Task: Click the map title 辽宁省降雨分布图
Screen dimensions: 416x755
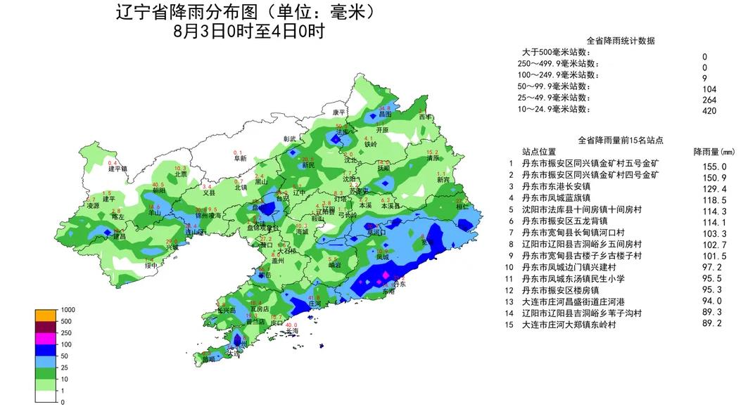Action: (x=204, y=13)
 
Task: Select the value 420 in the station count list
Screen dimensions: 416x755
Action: (x=709, y=110)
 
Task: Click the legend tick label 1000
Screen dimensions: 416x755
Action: (x=67, y=310)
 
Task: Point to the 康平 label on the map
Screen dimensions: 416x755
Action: (x=338, y=112)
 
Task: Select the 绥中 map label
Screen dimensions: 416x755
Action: (x=151, y=266)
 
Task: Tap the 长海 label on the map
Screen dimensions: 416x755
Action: (x=291, y=330)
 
